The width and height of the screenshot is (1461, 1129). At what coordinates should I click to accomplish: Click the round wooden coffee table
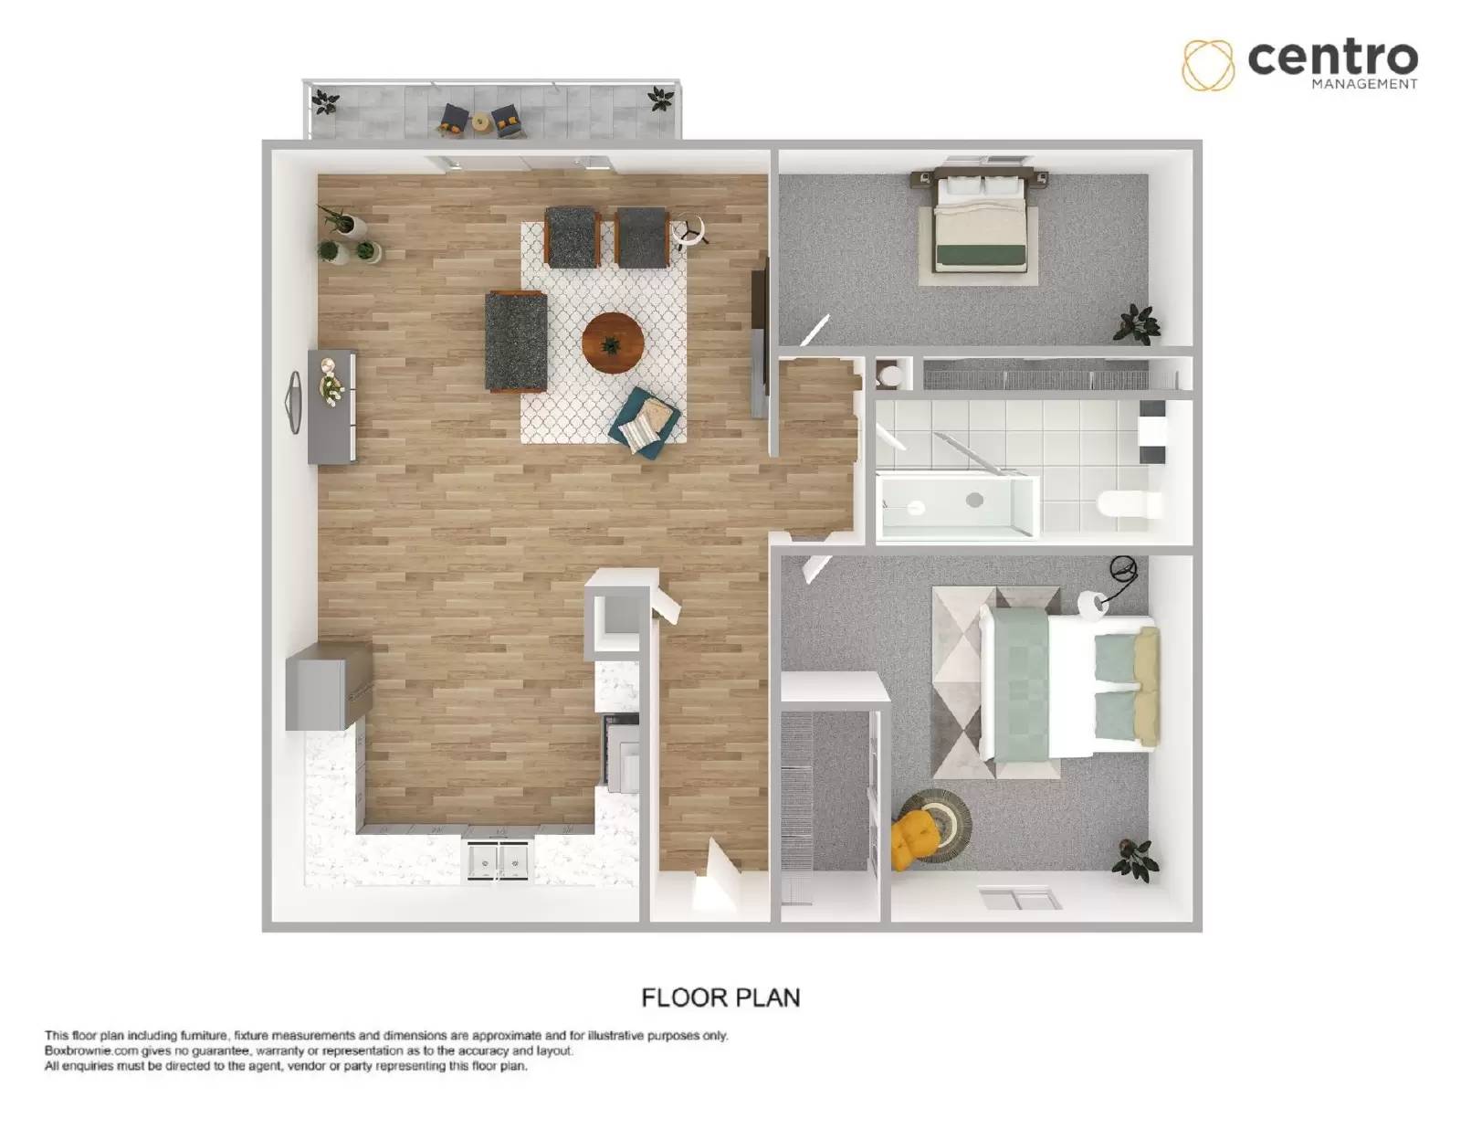(x=613, y=343)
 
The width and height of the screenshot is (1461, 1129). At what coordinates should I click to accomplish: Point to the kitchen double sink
(x=499, y=860)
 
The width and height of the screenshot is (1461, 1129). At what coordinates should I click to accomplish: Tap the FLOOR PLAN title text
(x=720, y=997)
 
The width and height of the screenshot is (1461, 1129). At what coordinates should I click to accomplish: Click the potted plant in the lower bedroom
(x=1135, y=860)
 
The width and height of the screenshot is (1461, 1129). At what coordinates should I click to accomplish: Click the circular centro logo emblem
(x=1208, y=65)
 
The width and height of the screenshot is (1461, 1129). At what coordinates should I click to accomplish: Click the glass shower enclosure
(x=957, y=505)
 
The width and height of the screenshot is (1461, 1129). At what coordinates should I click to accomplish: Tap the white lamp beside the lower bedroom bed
(x=1092, y=604)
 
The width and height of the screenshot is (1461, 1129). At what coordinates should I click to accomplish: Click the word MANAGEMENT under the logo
(x=1364, y=84)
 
